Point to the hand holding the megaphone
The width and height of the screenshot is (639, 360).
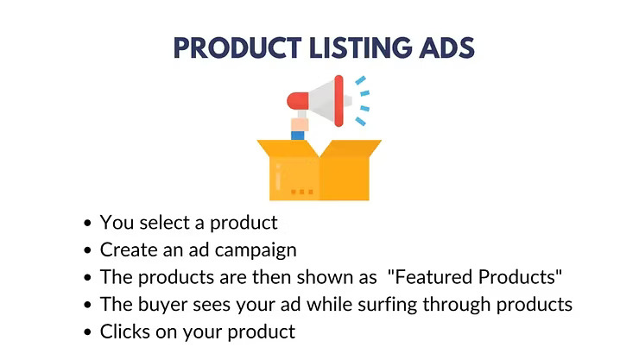[x=300, y=125]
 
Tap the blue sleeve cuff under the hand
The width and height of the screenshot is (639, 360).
[x=299, y=136]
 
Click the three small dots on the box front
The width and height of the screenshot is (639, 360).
[x=301, y=191]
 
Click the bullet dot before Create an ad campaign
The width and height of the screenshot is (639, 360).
[x=88, y=251]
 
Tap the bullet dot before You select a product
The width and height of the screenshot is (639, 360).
[x=88, y=224]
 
